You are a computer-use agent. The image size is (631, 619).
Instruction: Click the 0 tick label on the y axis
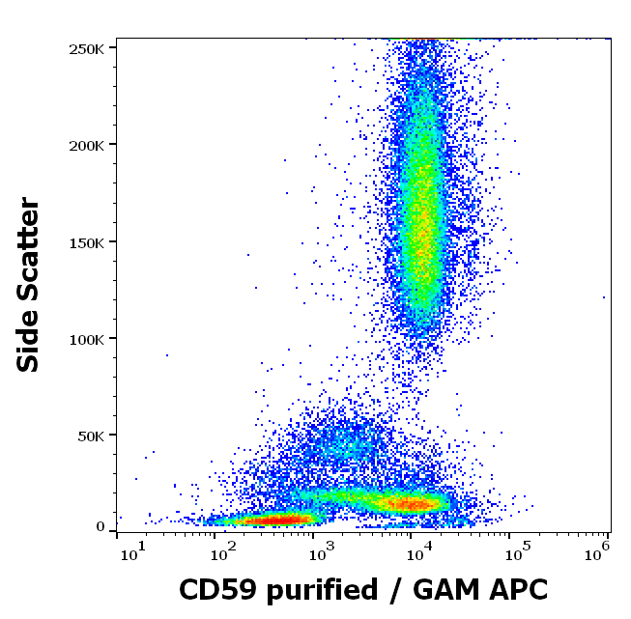[x=100, y=527]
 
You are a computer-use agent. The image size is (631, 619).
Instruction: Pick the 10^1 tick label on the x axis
[x=131, y=553]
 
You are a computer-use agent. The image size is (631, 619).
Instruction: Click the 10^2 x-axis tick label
[x=222, y=553]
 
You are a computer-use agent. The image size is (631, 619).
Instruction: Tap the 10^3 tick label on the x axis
[x=320, y=553]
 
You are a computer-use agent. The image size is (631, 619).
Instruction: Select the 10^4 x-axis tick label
[x=417, y=553]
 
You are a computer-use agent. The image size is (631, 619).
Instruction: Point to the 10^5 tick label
[x=515, y=553]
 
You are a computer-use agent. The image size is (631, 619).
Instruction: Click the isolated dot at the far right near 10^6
[x=604, y=297]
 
